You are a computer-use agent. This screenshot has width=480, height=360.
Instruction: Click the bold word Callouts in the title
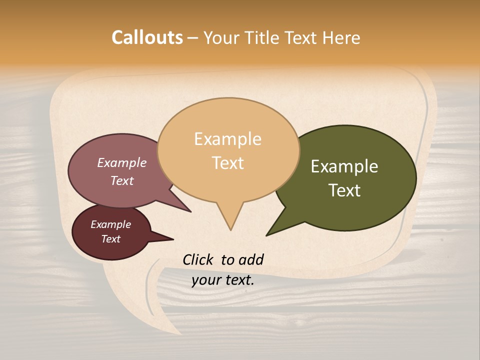click(x=147, y=37)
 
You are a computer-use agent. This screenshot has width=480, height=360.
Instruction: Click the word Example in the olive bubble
click(x=344, y=166)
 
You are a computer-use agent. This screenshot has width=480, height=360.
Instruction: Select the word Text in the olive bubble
click(x=344, y=190)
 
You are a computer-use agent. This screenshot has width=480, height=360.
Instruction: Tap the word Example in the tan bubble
click(x=227, y=139)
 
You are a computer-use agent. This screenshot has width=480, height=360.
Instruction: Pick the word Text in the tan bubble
click(x=228, y=163)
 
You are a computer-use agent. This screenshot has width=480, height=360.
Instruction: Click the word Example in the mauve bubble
click(x=122, y=163)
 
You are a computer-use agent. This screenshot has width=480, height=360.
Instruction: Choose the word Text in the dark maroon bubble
click(x=111, y=239)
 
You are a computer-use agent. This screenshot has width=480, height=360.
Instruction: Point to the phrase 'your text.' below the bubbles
click(x=223, y=280)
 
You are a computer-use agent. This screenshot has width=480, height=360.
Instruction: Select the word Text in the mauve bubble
click(x=122, y=180)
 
